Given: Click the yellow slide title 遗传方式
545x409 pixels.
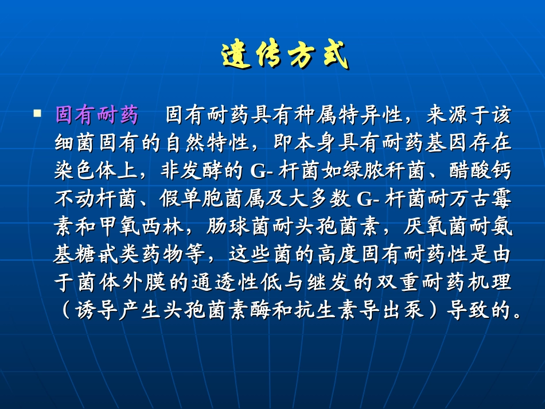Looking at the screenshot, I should [285, 56].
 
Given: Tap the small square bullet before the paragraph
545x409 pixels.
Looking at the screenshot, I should [37, 113].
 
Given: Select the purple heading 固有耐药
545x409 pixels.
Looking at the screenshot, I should [96, 115].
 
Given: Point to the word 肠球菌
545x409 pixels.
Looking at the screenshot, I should [232, 227].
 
